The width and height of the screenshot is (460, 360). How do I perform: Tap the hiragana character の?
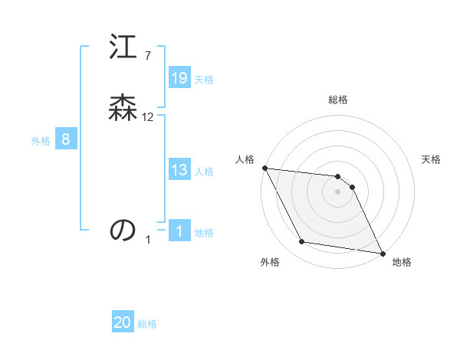[123, 229]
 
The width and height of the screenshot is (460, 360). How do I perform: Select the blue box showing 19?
[179, 77]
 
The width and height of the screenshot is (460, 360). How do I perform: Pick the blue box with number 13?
[179, 170]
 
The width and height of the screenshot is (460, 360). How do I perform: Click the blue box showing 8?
[66, 139]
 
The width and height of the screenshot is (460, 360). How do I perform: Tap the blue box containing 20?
[123, 322]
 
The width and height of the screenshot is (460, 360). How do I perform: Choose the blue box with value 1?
[179, 231]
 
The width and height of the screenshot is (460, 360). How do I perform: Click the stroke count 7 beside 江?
[148, 55]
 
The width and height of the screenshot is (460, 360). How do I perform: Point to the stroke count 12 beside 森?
[148, 117]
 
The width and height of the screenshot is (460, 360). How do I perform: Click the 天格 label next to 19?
[204, 80]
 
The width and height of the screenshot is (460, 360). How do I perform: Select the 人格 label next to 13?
[204, 172]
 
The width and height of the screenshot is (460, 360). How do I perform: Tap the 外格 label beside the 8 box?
[41, 141]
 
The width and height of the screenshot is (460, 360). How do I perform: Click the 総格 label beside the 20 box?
[147, 324]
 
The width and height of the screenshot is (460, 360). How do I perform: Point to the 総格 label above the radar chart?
[338, 100]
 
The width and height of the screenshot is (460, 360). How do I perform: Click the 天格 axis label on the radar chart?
[432, 159]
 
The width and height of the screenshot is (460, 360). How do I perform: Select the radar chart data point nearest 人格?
[264, 168]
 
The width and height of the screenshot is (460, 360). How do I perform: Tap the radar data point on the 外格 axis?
[301, 242]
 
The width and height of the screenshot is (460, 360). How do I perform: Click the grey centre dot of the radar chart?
[337, 191]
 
